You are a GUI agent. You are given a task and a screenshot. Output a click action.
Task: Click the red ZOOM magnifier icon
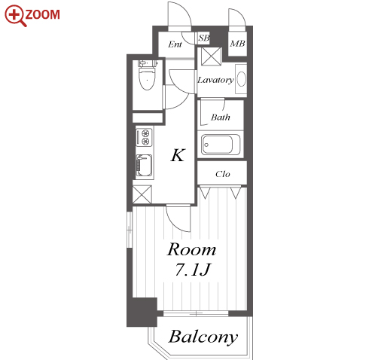tap(14, 15)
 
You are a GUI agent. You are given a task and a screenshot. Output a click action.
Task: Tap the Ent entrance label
tap(175, 44)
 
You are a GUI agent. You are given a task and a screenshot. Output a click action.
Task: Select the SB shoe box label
tap(203, 38)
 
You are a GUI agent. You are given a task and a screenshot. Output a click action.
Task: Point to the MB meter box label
tap(237, 44)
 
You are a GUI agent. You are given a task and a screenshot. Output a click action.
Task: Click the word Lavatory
tap(215, 80)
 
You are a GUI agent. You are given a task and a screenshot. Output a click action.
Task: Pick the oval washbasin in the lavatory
tap(242, 79)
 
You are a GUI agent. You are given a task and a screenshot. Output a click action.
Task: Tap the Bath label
tap(221, 117)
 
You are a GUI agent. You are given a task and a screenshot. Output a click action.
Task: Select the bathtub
tap(221, 145)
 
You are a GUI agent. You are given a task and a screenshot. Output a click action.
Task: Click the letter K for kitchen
tap(178, 155)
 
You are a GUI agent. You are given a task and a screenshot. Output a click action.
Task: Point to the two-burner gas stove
tap(144, 137)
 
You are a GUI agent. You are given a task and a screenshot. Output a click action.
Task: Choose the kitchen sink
tap(144, 166)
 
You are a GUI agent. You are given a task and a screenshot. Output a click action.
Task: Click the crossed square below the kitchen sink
tap(142, 194)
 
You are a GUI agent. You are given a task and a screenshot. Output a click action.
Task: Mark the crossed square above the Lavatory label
tap(211, 56)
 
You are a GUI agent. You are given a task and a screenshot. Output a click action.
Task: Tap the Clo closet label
tap(222, 174)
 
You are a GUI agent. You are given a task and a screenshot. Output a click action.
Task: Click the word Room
tap(191, 249)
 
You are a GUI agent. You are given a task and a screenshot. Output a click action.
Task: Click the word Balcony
tap(203, 337)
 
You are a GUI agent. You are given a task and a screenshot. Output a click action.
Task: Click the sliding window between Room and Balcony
tap(196, 313)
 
